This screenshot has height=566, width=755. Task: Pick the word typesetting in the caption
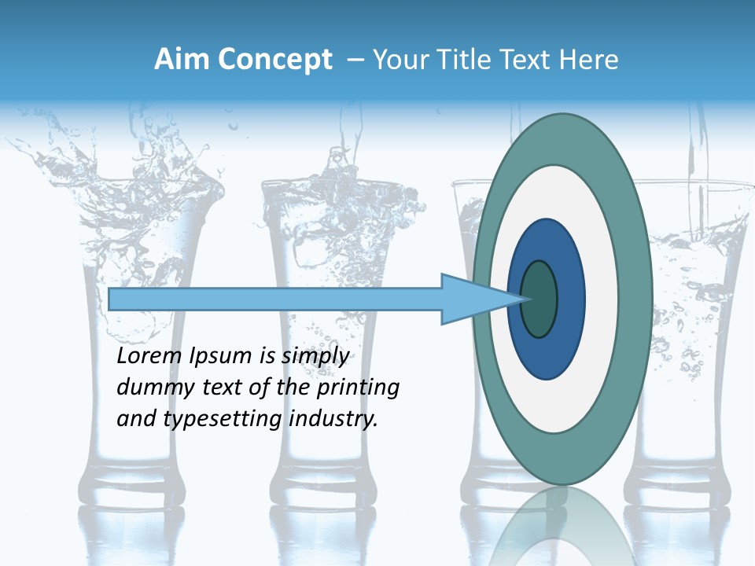223,419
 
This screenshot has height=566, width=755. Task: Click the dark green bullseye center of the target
540,300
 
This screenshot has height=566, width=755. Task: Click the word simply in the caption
315,357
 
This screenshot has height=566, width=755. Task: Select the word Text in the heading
525,60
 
